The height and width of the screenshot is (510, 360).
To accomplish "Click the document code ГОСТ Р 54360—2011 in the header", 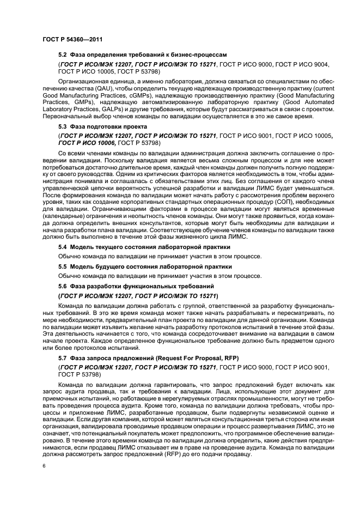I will click(x=72, y=39).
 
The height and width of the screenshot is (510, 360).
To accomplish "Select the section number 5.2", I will click(x=62, y=55).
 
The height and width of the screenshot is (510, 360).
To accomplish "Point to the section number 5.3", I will click(x=62, y=126).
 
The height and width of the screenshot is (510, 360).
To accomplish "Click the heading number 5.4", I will click(x=62, y=247).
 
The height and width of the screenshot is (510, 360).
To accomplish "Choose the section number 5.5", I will click(x=62, y=266).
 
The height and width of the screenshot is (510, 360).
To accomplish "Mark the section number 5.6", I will click(x=62, y=286).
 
